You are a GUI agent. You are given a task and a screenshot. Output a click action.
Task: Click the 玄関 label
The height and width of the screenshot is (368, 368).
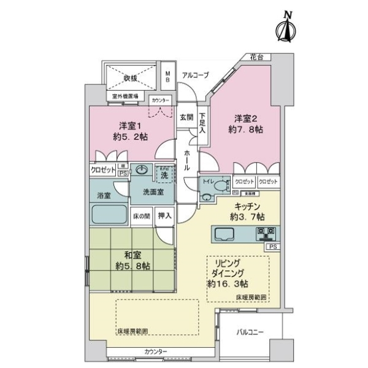(x=186, y=117)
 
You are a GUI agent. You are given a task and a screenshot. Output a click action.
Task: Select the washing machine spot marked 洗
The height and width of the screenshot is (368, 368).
(x=164, y=175)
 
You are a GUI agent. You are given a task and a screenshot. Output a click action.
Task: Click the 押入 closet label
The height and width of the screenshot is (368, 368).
(x=164, y=216)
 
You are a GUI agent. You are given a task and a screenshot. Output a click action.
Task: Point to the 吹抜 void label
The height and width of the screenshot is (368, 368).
(x=128, y=77)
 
